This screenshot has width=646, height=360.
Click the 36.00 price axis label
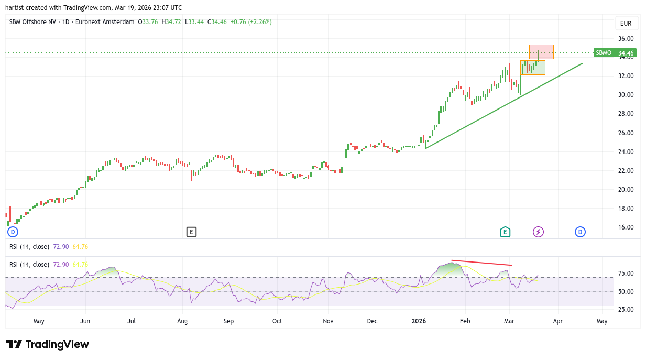626,39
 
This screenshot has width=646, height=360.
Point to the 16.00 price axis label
626,227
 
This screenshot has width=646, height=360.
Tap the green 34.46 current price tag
626,53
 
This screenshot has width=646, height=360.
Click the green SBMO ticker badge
604,53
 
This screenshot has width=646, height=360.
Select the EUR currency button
626,24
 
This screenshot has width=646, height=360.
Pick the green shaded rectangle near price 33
532,68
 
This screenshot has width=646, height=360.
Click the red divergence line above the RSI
481,263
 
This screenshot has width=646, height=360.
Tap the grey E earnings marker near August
191,232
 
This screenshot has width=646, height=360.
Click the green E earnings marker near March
505,232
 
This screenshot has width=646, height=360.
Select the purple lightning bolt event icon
538,232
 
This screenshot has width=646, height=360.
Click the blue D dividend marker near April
580,232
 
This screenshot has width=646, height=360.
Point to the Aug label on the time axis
182,321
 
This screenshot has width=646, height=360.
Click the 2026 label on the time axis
419,321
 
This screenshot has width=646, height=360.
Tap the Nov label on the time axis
328,321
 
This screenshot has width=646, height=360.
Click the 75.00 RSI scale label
626,274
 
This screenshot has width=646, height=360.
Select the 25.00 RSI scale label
626,310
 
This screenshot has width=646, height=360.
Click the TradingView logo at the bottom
48,344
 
